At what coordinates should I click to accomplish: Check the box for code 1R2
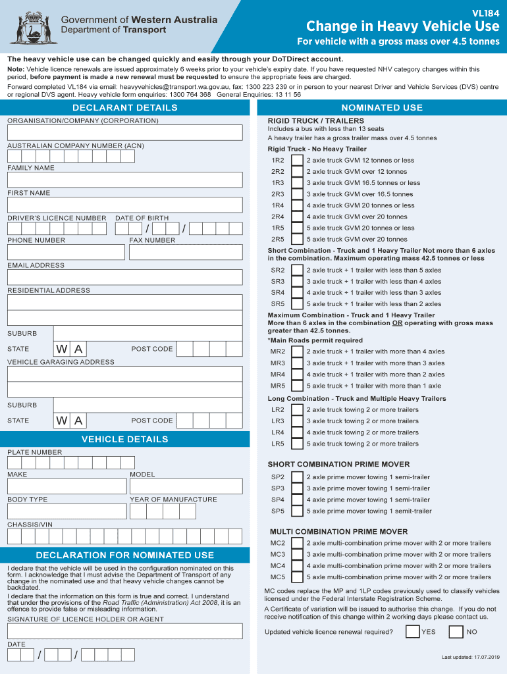pos(298,161)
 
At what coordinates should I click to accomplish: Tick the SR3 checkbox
pos(298,282)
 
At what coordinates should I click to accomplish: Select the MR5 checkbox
pos(298,386)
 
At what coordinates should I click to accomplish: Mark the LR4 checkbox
pos(298,432)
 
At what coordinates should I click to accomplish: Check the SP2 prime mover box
pos(298,477)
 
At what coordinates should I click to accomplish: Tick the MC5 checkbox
pos(298,577)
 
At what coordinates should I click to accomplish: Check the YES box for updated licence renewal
pos(413,633)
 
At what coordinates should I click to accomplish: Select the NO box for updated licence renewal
pos(456,633)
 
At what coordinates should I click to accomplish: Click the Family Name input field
pos(125,180)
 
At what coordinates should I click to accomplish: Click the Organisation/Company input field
pos(125,132)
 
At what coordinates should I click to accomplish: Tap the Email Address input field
pos(125,277)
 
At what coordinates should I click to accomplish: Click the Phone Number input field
pos(66,252)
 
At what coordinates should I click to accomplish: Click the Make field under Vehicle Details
pos(67,486)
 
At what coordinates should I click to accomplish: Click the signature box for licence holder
pos(125,631)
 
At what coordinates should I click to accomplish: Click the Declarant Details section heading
pos(125,108)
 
